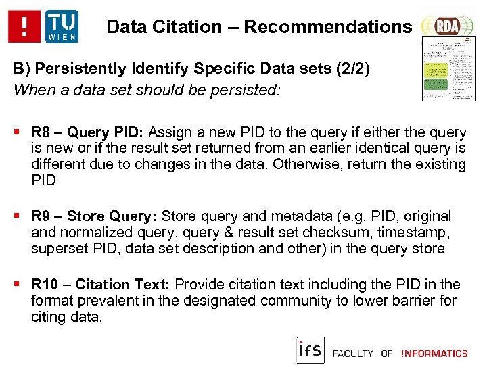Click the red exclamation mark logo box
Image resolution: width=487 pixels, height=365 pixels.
click(25, 26)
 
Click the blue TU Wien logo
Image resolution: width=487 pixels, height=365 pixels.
click(62, 26)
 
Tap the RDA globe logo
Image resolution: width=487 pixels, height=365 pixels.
click(446, 26)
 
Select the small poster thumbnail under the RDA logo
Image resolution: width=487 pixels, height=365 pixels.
click(448, 69)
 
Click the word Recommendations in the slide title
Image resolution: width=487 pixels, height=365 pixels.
click(327, 27)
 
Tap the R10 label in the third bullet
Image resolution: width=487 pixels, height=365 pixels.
click(44, 285)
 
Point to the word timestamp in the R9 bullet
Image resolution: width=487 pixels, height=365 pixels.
click(419, 233)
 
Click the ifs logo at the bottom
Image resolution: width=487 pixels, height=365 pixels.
click(310, 350)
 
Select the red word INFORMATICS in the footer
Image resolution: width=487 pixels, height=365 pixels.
click(434, 353)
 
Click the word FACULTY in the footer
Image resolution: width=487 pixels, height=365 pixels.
click(353, 353)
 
